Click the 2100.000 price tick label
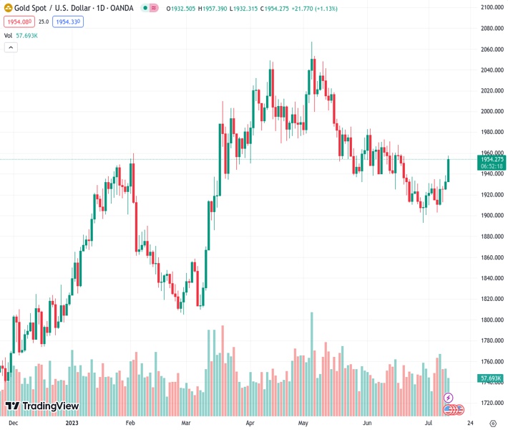[494, 7]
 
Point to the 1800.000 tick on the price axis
[494, 320]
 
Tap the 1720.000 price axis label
[494, 403]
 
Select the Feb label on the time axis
[131, 423]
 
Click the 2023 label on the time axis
[72, 423]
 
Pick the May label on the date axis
[303, 423]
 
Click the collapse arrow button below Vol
[11, 47]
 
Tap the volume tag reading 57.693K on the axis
[492, 378]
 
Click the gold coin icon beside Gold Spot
[9, 9]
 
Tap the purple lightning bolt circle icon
[449, 397]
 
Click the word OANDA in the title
[122, 9]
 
